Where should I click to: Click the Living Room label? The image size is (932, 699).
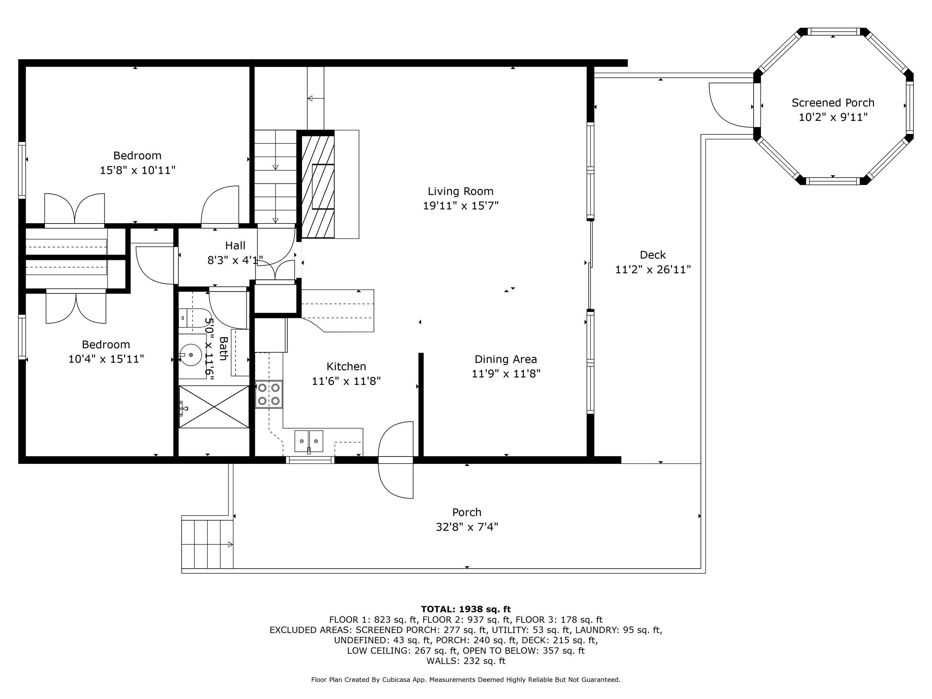pyautogui.click(x=461, y=191)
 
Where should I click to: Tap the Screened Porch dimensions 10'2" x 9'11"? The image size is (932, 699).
pyautogui.click(x=833, y=117)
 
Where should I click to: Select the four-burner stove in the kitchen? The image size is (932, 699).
pyautogui.click(x=269, y=394)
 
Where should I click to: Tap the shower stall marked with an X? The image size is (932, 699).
pyautogui.click(x=214, y=407)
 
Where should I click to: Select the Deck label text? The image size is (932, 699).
pyautogui.click(x=653, y=255)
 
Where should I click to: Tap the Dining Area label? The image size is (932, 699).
pyautogui.click(x=506, y=359)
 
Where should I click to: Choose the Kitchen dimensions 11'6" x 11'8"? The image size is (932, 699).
pyautogui.click(x=346, y=381)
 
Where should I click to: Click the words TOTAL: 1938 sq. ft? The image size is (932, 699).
pyautogui.click(x=466, y=609)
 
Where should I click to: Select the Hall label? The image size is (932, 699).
pyautogui.click(x=235, y=246)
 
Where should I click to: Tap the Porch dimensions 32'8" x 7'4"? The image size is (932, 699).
pyautogui.click(x=467, y=527)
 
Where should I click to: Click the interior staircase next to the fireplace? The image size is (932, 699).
pyautogui.click(x=275, y=177)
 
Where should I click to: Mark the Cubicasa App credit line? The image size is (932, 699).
pyautogui.click(x=466, y=680)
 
